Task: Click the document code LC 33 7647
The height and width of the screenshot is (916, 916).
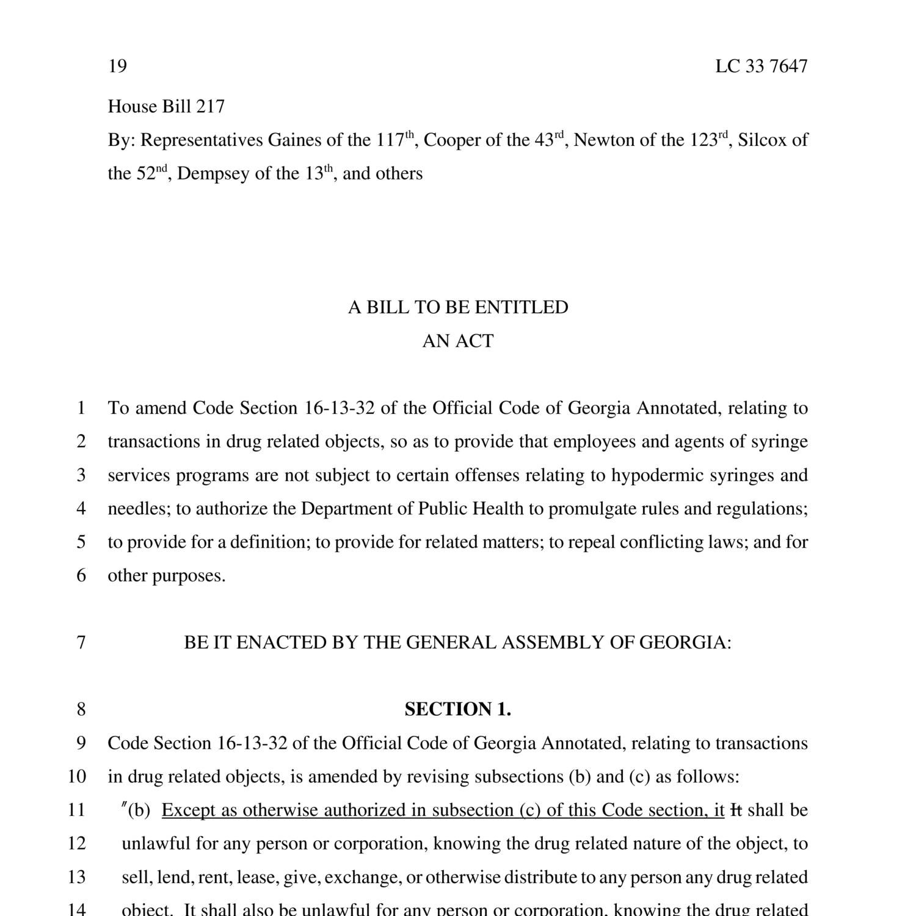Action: (761, 66)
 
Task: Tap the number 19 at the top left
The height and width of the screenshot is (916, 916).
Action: (117, 66)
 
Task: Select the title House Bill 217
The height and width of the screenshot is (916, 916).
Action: (166, 107)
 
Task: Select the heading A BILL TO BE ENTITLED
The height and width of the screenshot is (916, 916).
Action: (458, 307)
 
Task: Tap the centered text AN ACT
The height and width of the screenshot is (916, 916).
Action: (458, 341)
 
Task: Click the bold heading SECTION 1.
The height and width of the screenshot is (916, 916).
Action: (458, 710)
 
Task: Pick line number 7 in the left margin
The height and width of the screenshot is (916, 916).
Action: (81, 642)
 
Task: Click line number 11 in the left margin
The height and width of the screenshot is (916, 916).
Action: (76, 810)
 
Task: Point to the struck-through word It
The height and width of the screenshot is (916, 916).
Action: (736, 810)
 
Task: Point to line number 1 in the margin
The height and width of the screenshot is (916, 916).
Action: (81, 408)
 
